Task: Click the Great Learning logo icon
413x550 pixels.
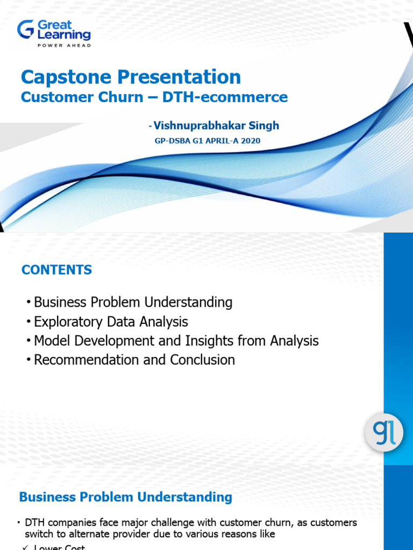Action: pyautogui.click(x=25, y=29)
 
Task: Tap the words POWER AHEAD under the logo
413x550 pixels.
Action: pyautogui.click(x=63, y=46)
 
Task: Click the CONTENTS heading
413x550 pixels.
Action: pyautogui.click(x=56, y=270)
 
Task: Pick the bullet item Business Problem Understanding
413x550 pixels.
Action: pyautogui.click(x=133, y=302)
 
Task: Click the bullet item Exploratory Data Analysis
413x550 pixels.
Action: pyautogui.click(x=111, y=322)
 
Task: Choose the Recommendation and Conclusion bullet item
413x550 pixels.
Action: pyautogui.click(x=134, y=360)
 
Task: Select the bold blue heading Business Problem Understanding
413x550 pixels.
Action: pyautogui.click(x=125, y=497)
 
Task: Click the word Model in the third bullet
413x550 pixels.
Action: pyautogui.click(x=51, y=341)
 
